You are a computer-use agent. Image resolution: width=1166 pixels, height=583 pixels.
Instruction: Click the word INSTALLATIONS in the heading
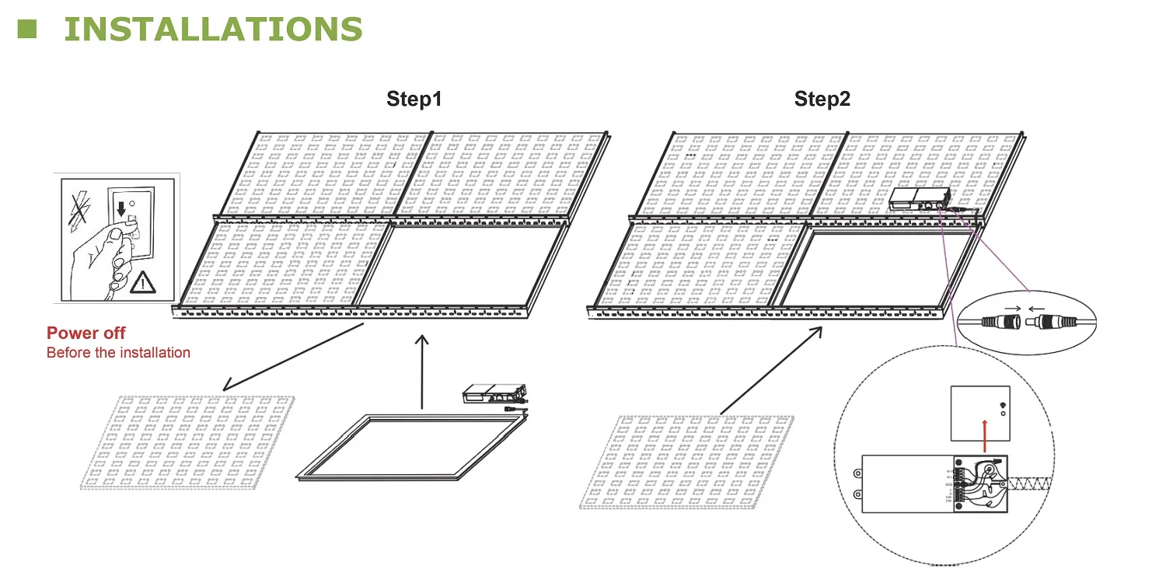tap(212, 29)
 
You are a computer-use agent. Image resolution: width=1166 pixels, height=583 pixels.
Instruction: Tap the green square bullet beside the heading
tap(28, 29)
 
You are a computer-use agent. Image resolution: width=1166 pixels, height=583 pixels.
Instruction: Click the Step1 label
tap(414, 99)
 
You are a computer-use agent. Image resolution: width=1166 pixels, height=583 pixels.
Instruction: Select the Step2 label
tap(822, 99)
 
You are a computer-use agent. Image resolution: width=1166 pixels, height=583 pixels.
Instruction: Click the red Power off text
tap(86, 333)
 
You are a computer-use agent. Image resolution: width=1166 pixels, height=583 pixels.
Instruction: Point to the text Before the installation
tap(118, 353)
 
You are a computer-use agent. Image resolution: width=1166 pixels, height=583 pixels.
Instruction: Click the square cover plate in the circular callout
tap(979, 410)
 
